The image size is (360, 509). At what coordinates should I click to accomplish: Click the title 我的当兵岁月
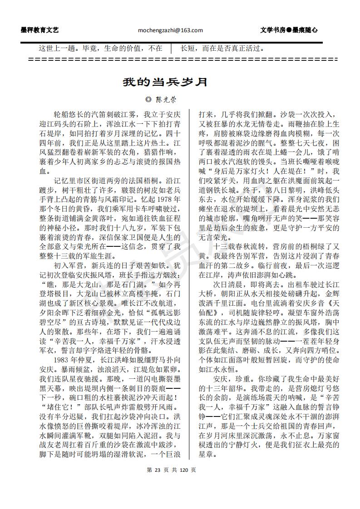pyautogui.click(x=165, y=82)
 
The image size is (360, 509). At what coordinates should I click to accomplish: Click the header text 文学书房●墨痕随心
pyautogui.click(x=289, y=30)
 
